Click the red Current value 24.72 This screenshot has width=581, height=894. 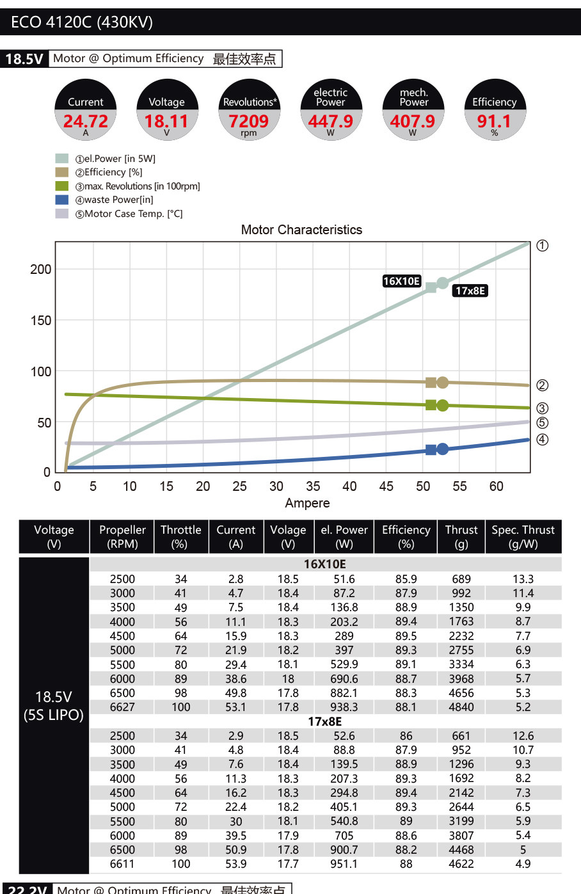pos(85,121)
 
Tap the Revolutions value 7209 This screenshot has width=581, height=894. pos(248,121)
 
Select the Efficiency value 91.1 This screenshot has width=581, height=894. pos(494,121)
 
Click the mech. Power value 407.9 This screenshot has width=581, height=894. pos(413,121)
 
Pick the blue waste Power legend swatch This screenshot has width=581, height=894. pos(62,200)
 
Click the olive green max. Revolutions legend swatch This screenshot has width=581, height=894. pos(62,186)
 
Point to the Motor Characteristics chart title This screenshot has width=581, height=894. pos(301,230)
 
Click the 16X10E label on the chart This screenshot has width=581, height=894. pos(401,281)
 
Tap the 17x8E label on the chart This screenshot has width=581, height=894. pos(470,291)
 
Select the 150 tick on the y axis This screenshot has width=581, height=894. pos(41,321)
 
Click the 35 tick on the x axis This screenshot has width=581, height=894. pos(313,486)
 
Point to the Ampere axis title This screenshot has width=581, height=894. pos(307,503)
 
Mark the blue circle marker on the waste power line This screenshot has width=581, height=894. pos(442,449)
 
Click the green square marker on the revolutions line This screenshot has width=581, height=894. pos(431,405)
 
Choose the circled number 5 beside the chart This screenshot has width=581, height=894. pos(542,423)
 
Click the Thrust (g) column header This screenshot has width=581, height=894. pos(461,536)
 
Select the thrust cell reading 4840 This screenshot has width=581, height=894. pos(461,707)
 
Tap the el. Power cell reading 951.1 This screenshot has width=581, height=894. pos(344,864)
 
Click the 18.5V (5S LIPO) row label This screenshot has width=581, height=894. pos(54,706)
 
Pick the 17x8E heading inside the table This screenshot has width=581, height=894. pos(325,722)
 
